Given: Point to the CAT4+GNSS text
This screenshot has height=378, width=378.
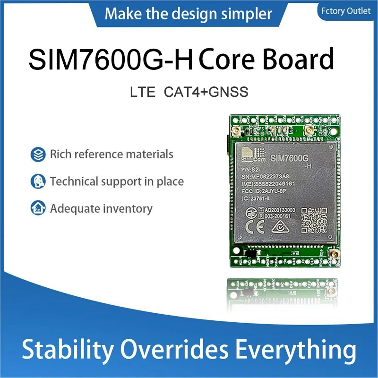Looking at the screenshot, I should pos(206,92).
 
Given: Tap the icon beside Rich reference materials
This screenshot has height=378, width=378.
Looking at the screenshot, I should pos(37,154).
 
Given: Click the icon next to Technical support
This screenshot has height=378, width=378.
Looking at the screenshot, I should pos(37,181).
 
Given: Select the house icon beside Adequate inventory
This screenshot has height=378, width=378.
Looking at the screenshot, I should pos(37,208).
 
